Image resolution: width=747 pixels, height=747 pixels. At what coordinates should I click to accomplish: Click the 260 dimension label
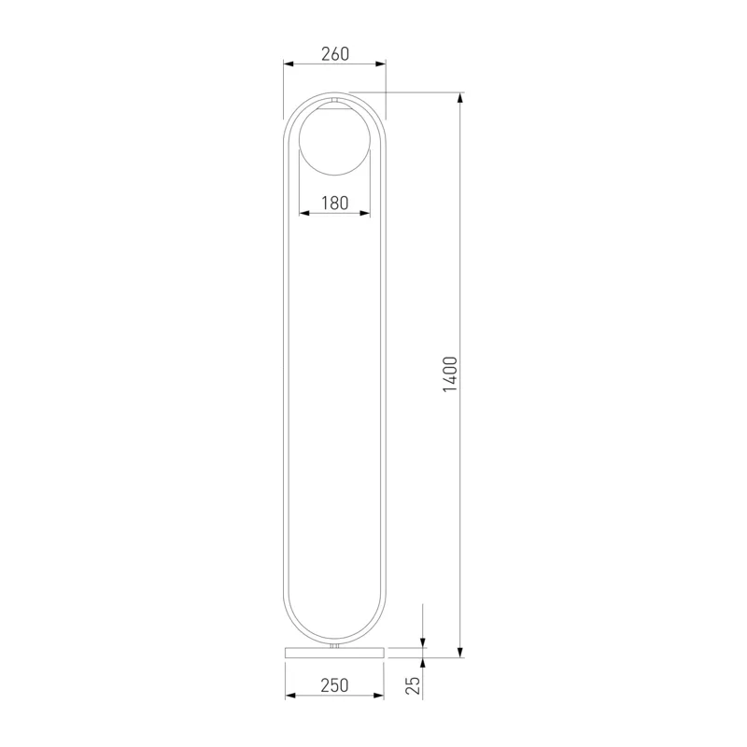pos(335,54)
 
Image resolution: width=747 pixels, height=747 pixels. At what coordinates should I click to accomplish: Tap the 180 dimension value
pos(334,203)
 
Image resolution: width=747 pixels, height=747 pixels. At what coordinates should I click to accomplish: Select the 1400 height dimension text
pos(450,374)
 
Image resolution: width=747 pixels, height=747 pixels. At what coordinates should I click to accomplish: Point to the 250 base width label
pos(334,685)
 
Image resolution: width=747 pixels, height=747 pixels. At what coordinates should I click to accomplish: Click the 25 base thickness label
pos(414,685)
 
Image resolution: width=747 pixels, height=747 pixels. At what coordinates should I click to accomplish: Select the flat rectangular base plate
pos(334,653)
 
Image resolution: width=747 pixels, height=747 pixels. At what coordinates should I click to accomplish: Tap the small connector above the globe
pos(334,100)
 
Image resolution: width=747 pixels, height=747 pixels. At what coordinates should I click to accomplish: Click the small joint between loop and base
pos(334,645)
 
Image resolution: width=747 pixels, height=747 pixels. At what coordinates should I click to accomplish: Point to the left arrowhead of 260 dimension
pos(289,63)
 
